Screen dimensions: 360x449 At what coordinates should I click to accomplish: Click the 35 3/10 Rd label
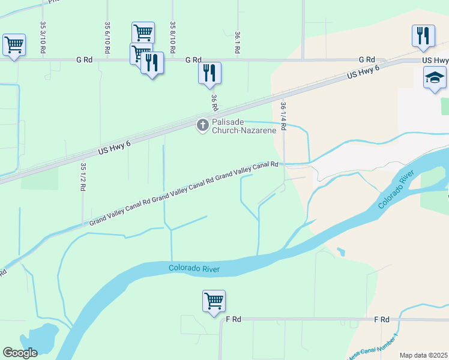(43, 38)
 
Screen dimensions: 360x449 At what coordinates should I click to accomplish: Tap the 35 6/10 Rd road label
(107, 38)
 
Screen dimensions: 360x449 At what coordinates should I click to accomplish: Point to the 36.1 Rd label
(238, 44)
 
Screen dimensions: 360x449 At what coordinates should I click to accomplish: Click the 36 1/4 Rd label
(283, 116)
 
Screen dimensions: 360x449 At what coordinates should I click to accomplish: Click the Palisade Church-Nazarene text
(244, 125)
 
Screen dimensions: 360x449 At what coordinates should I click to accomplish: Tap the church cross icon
(203, 125)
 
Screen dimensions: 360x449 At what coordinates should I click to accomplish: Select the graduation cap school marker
(435, 78)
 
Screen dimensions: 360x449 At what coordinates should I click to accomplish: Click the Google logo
(20, 353)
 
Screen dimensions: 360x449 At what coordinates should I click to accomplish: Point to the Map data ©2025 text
(423, 355)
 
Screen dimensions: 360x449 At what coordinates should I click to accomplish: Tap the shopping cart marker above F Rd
(214, 301)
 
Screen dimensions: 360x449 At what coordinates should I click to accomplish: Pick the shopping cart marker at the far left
(14, 44)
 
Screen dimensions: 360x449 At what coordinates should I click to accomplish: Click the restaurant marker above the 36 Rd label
(209, 73)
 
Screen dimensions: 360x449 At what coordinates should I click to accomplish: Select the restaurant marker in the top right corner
(423, 36)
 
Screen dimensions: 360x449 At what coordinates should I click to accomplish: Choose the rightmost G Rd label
(367, 60)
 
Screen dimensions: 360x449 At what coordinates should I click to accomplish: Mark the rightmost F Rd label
(382, 319)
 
